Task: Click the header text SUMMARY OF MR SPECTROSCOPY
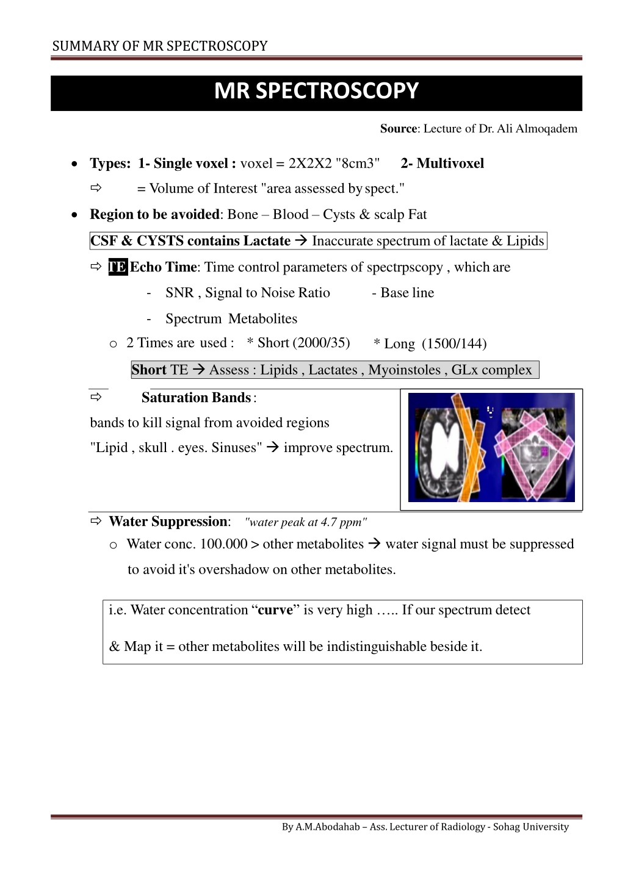click(x=160, y=46)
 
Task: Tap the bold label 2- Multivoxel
click(x=442, y=164)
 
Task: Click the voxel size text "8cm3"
click(x=358, y=164)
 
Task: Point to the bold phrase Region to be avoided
click(x=154, y=215)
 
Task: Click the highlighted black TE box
click(x=118, y=267)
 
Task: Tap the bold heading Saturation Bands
click(x=196, y=398)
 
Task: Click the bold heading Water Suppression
click(x=168, y=522)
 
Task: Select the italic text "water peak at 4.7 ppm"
click(x=305, y=522)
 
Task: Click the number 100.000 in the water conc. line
click(x=223, y=544)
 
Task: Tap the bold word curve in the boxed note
click(x=275, y=610)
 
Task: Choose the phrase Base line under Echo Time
click(x=407, y=293)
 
